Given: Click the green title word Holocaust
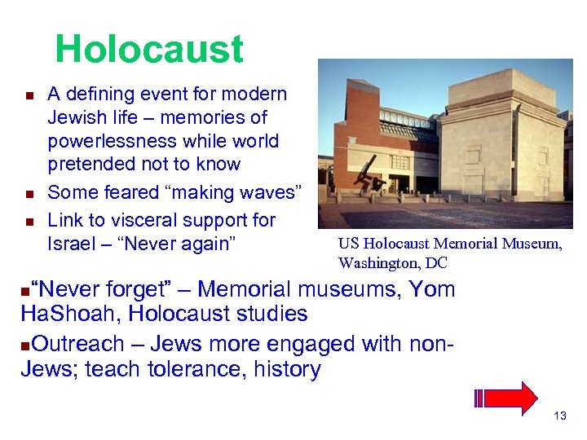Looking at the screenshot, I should click(x=149, y=50).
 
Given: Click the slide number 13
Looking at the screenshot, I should click(x=559, y=416).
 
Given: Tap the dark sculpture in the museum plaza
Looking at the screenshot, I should click(x=374, y=181).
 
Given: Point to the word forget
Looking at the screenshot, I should click(x=144, y=289).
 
